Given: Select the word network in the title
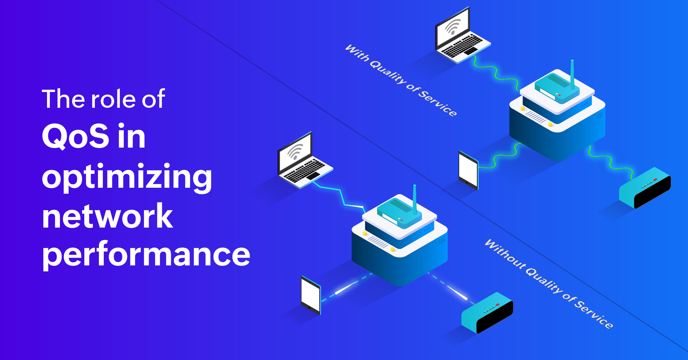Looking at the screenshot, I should point(107,216).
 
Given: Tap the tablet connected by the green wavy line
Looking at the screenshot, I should point(468,170).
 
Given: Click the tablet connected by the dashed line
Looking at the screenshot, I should point(310,295).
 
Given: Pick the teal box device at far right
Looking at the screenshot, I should point(645,188).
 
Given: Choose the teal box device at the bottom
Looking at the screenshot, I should point(487,313).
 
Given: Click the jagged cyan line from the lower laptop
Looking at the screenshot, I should point(341,195).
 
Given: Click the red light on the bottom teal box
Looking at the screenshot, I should point(498,304).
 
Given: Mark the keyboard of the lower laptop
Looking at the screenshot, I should point(304,171).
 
